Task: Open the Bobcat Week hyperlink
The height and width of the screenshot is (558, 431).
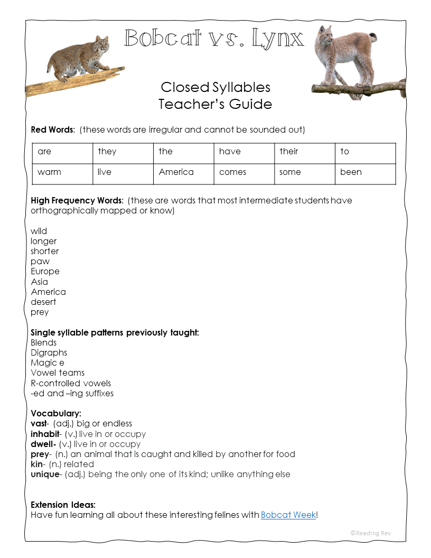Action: tap(288, 515)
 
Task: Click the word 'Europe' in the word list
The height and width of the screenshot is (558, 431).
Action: tap(45, 272)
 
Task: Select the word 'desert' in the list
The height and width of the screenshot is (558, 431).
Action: tap(43, 302)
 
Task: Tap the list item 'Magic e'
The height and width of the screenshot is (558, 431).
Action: tap(48, 363)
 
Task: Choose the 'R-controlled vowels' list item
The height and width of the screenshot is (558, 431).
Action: tap(71, 384)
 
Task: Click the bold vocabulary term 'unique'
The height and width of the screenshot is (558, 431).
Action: tap(45, 475)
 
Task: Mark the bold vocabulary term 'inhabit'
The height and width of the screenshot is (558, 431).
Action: tap(45, 434)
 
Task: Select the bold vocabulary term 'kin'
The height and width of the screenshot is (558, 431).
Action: tap(37, 464)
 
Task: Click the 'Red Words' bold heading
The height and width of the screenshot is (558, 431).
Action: tap(53, 130)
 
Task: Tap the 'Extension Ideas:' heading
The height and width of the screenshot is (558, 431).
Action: tap(63, 505)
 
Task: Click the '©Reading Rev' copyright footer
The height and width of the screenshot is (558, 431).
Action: tap(371, 533)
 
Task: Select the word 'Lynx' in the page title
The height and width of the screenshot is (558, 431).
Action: tap(278, 39)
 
